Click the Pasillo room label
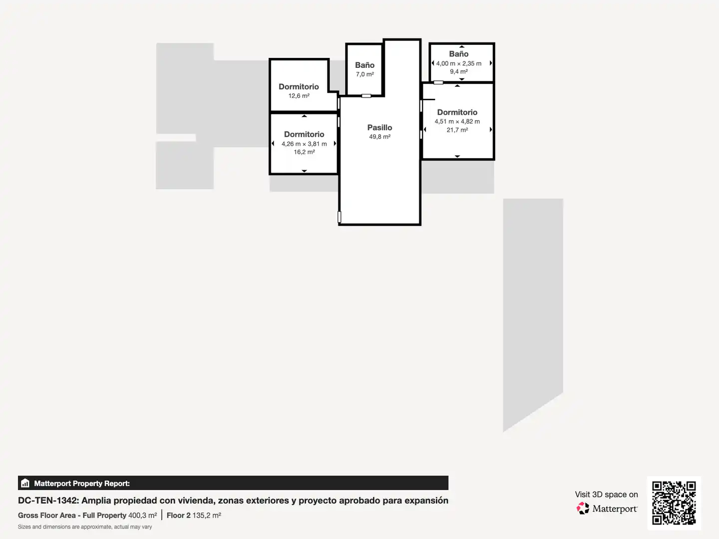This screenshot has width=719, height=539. (379, 128)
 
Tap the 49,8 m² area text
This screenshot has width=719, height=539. (379, 137)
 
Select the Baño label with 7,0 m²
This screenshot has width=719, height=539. (364, 65)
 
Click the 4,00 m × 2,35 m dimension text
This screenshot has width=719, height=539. (458, 63)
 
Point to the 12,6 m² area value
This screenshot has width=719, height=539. (299, 96)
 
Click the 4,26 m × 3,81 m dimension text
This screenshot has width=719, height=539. (304, 144)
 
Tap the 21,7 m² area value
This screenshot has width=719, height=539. (457, 130)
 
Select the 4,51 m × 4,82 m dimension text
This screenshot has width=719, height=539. (457, 121)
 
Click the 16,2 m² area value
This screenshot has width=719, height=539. (304, 152)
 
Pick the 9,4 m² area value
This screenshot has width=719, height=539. (458, 71)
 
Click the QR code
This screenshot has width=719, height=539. (674, 503)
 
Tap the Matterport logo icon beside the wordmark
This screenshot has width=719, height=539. (583, 508)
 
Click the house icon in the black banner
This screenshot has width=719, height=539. (25, 483)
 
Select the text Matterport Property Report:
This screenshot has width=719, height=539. (82, 484)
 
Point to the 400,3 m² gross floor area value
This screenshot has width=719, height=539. (142, 516)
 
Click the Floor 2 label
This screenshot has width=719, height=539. (179, 516)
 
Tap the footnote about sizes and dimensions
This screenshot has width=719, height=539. (85, 527)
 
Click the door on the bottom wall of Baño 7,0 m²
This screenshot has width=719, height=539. (366, 96)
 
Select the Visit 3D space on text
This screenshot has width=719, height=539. (606, 495)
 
